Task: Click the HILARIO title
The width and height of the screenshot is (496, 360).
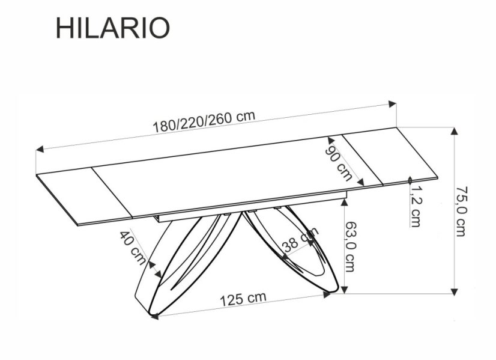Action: (x=113, y=27)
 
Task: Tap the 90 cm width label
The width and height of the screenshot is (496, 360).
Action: (x=338, y=159)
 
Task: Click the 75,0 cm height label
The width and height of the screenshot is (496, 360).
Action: (x=461, y=212)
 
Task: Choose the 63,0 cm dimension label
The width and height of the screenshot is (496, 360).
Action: (x=351, y=245)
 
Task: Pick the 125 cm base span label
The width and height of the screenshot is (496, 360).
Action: (x=242, y=298)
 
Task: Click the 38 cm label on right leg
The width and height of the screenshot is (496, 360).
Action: (x=300, y=241)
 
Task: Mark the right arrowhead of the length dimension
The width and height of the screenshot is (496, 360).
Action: (x=393, y=103)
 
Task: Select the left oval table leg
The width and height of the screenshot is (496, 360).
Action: (x=180, y=264)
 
